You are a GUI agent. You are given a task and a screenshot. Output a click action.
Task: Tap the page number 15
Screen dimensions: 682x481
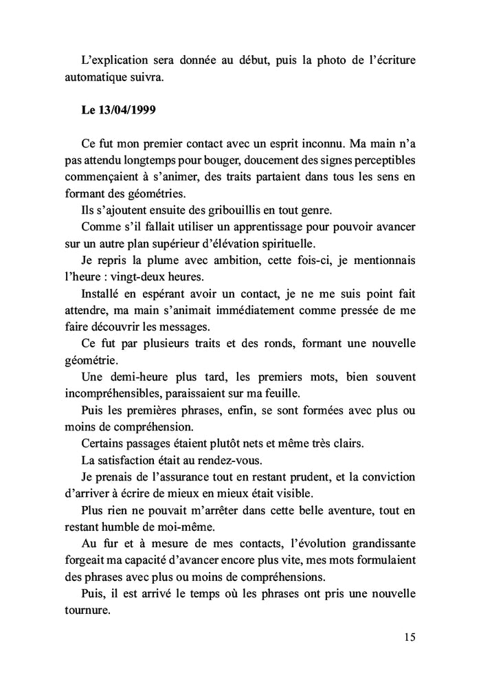coord(409,637)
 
